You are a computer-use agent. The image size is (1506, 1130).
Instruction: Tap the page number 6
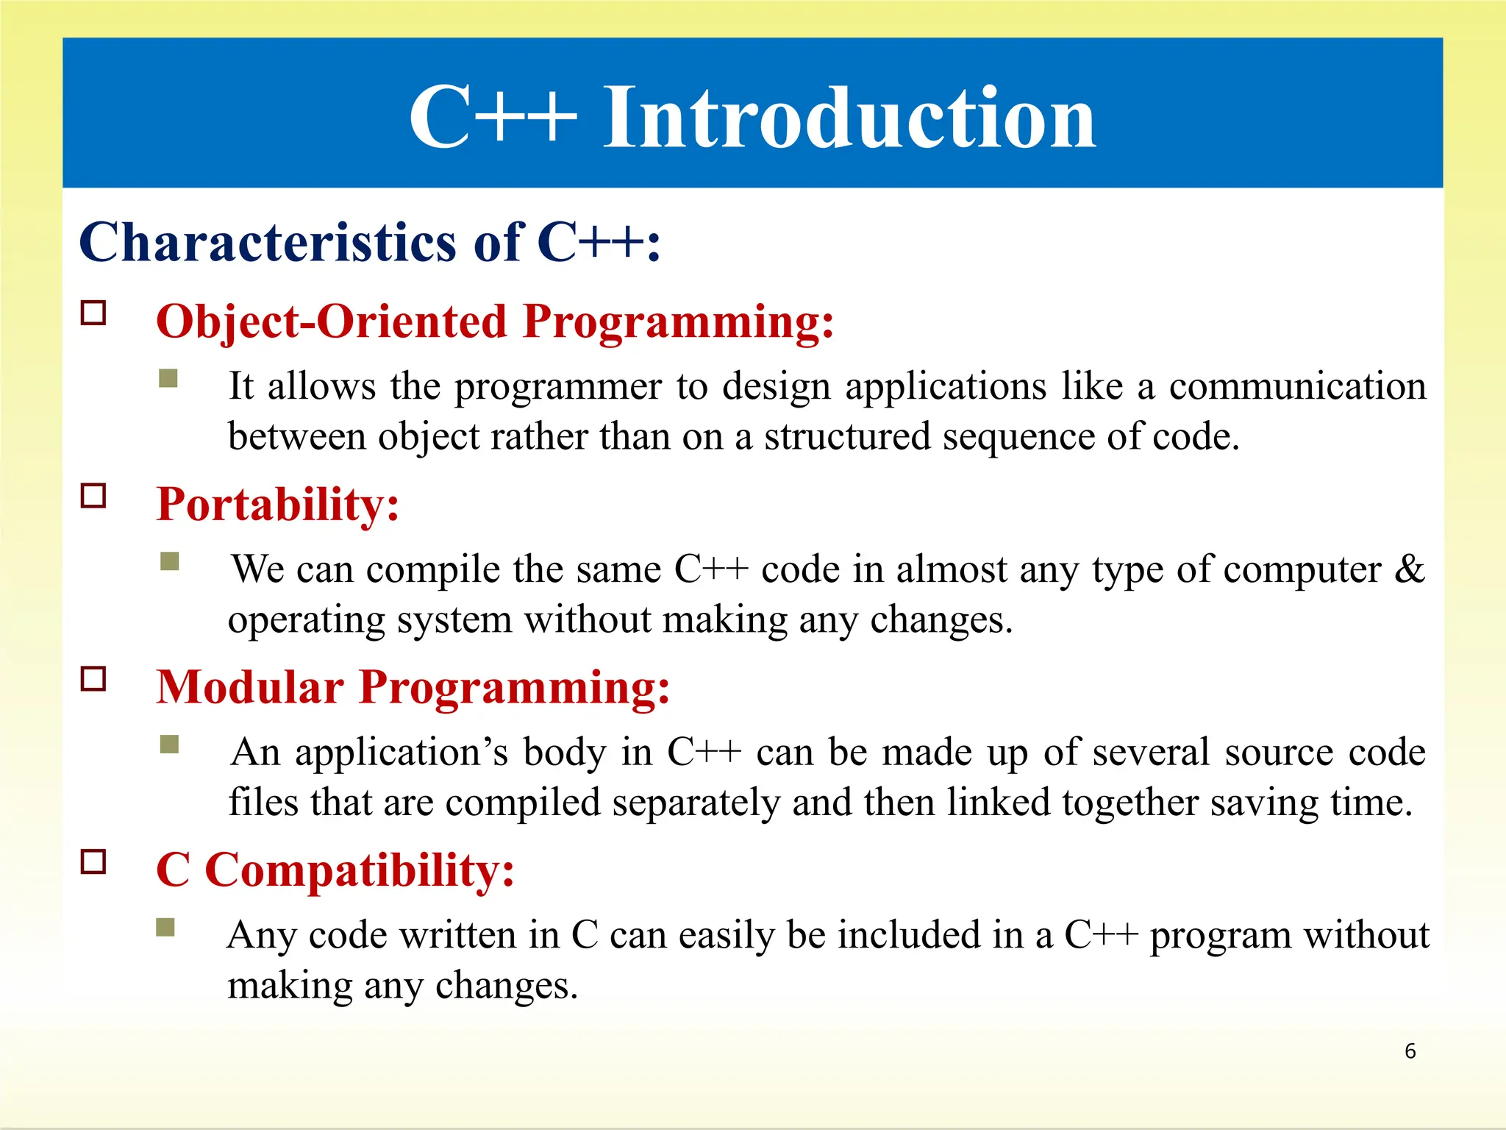coord(1410,1051)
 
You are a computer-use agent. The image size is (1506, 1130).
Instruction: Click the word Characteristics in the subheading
coord(268,243)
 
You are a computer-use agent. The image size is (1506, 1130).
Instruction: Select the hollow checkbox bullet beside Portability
coord(93,496)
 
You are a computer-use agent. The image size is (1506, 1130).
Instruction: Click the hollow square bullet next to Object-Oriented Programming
coord(93,313)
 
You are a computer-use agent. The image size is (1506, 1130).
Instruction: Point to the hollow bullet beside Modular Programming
coord(93,678)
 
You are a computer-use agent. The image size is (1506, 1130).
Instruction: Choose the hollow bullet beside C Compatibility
coord(93,861)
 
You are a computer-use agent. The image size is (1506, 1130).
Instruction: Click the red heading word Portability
coord(277,505)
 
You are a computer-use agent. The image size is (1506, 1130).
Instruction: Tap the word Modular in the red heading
coord(250,688)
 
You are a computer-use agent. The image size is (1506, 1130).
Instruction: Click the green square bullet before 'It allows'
coord(168,378)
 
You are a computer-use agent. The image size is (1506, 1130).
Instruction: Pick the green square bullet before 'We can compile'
coord(170,561)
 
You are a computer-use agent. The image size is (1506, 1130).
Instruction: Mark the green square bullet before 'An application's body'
coord(170,745)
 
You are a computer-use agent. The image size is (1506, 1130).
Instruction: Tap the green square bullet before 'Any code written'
coord(165,927)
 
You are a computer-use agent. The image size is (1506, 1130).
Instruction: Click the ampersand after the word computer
coord(1409,569)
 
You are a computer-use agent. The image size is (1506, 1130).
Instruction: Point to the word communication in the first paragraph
coord(1297,387)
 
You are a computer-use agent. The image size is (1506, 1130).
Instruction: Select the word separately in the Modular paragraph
coord(696,803)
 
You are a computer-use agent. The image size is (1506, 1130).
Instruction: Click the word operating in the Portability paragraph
coord(307,620)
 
